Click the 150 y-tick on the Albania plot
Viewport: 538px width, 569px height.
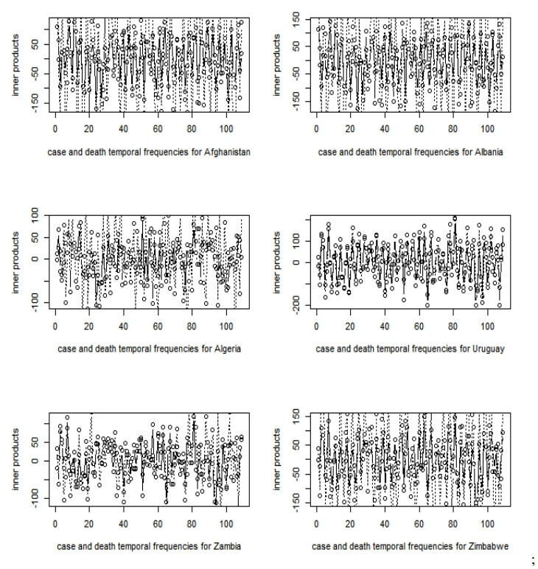[x=294, y=17]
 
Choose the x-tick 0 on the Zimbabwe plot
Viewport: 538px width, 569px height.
[x=317, y=519]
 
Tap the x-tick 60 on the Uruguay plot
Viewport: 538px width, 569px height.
[x=419, y=321]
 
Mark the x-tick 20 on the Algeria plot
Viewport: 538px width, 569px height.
[x=89, y=321]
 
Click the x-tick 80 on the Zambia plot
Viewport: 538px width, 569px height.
[x=191, y=519]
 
